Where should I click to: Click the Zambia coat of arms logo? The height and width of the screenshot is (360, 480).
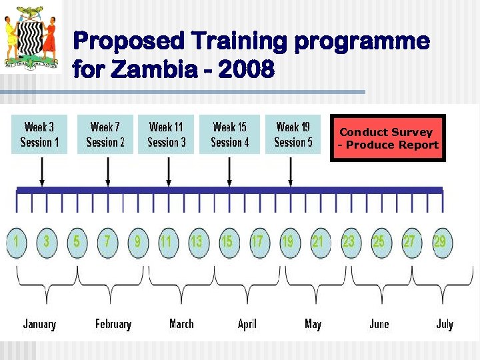point(31,37)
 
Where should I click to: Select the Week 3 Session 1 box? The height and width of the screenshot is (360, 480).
point(39,134)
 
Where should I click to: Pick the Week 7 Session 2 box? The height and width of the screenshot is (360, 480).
point(105,134)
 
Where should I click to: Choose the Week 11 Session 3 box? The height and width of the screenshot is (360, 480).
point(166,134)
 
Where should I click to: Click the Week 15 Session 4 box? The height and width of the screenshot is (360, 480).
point(229,134)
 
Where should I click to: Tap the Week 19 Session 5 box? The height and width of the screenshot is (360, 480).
point(293,134)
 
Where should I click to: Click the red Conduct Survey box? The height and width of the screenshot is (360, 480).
point(388,138)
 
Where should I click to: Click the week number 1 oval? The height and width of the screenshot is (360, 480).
point(15,241)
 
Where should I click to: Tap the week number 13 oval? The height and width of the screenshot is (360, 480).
point(197,241)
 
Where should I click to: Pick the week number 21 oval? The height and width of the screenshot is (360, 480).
point(318,241)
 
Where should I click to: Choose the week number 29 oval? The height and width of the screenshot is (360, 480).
point(440,241)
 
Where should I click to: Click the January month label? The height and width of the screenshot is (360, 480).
point(39,324)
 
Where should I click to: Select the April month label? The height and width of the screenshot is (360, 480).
point(247,324)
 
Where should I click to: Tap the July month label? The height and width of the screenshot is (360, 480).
point(445,324)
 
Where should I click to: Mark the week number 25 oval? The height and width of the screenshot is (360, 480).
point(379,241)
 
